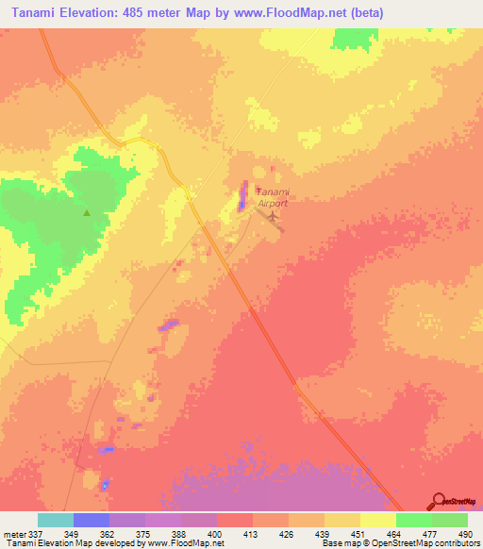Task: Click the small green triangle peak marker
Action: tap(87, 212)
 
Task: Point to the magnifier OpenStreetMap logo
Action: tap(439, 502)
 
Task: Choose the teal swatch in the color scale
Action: tap(56, 520)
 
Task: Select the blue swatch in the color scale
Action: tap(92, 520)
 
